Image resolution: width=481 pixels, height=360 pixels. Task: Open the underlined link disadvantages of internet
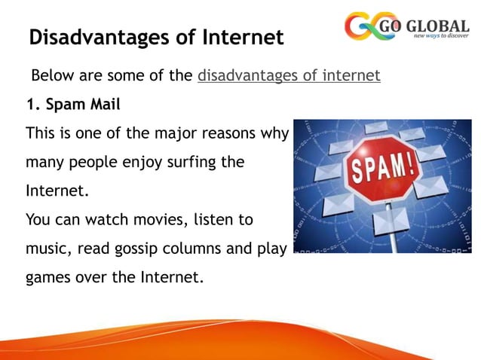[289, 75]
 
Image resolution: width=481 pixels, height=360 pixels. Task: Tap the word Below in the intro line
[52, 75]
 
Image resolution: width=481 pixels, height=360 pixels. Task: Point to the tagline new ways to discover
[437, 35]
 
